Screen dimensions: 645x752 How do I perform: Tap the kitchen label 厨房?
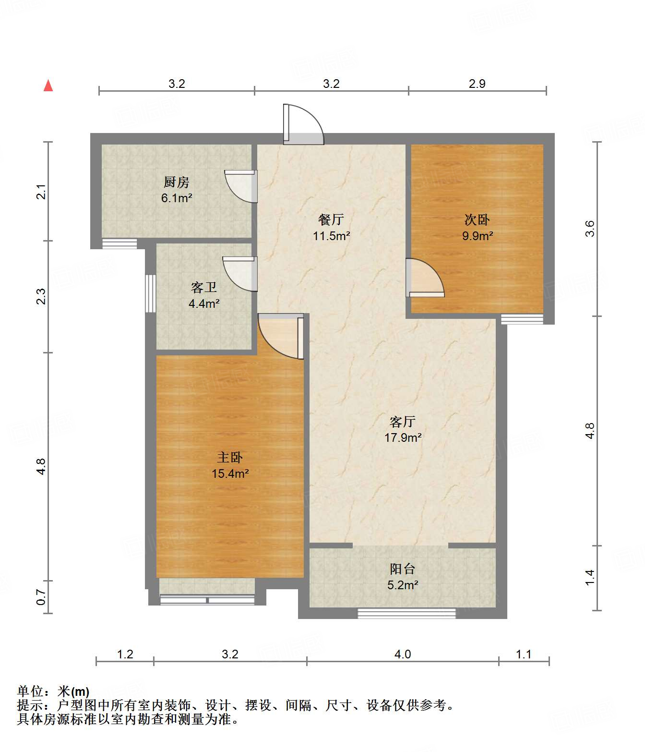176,182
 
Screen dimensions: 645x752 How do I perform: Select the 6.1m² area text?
176,198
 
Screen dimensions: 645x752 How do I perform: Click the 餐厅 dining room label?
331,219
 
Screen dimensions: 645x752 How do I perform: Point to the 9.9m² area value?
478,236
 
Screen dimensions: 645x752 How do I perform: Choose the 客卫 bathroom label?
203,288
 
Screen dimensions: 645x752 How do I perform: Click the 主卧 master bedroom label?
230,457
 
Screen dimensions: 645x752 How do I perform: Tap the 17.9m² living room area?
403,437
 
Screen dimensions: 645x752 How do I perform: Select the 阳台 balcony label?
403,569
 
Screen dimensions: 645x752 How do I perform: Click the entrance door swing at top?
303,124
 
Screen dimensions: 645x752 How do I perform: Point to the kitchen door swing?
241,186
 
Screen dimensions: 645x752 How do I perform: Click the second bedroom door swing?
425,278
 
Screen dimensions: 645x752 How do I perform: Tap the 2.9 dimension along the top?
477,84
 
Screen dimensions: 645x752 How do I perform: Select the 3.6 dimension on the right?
590,229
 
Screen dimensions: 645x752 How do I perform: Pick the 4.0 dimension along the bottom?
403,654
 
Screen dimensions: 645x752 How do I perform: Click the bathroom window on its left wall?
151,293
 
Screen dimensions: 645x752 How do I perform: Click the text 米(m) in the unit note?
73,691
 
